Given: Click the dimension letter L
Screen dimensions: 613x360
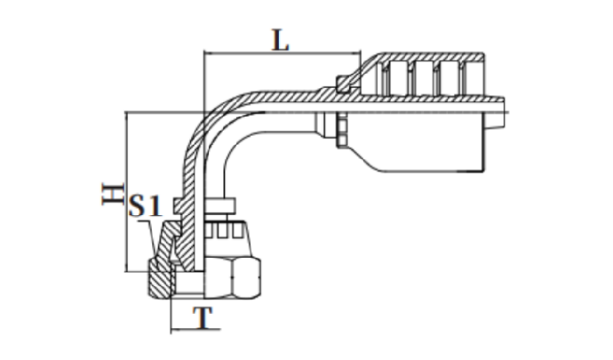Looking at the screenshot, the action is pos(281,41).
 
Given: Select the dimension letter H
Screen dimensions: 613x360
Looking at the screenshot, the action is pos(113,194).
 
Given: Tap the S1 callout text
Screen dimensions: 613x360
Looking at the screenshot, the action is pos(145,205).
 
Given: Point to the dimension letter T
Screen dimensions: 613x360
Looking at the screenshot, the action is pos(203,317).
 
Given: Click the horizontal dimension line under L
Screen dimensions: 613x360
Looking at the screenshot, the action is pos(283,52).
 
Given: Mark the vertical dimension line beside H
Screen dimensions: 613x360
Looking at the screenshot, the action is pos(126,192).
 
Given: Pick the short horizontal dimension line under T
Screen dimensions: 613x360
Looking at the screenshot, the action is pos(195,330).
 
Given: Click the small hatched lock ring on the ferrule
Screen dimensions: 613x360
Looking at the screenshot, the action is pos(343,84).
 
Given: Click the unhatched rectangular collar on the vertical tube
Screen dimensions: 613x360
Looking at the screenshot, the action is pos(219,204).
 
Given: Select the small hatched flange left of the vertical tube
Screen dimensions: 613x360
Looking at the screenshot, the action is pos(179,204).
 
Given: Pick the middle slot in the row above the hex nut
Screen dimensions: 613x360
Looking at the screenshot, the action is pos(222,231).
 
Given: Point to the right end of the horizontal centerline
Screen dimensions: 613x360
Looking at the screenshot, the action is pos(508,113).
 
